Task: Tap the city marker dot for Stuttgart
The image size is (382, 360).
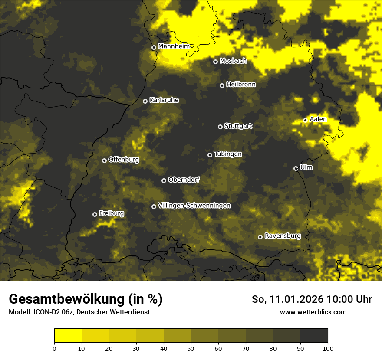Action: click(220, 127)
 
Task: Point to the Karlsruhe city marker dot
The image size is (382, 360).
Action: click(145, 101)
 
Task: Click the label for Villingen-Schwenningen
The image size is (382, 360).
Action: click(194, 206)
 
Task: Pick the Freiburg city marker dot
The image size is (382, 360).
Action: click(95, 214)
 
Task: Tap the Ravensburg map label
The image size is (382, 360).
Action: click(282, 236)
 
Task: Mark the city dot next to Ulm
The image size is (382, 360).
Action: click(296, 168)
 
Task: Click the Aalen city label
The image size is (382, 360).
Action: click(318, 119)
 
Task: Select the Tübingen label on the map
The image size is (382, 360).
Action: click(228, 154)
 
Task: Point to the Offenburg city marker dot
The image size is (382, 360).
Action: click(104, 160)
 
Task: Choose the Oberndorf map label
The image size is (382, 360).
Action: click(184, 180)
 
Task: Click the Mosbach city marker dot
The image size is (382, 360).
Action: click(215, 62)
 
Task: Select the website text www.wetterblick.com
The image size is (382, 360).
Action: click(313, 312)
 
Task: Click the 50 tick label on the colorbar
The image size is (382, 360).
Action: click(191, 348)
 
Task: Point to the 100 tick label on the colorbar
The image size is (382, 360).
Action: click(328, 348)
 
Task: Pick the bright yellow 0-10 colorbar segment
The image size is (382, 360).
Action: click(68, 336)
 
